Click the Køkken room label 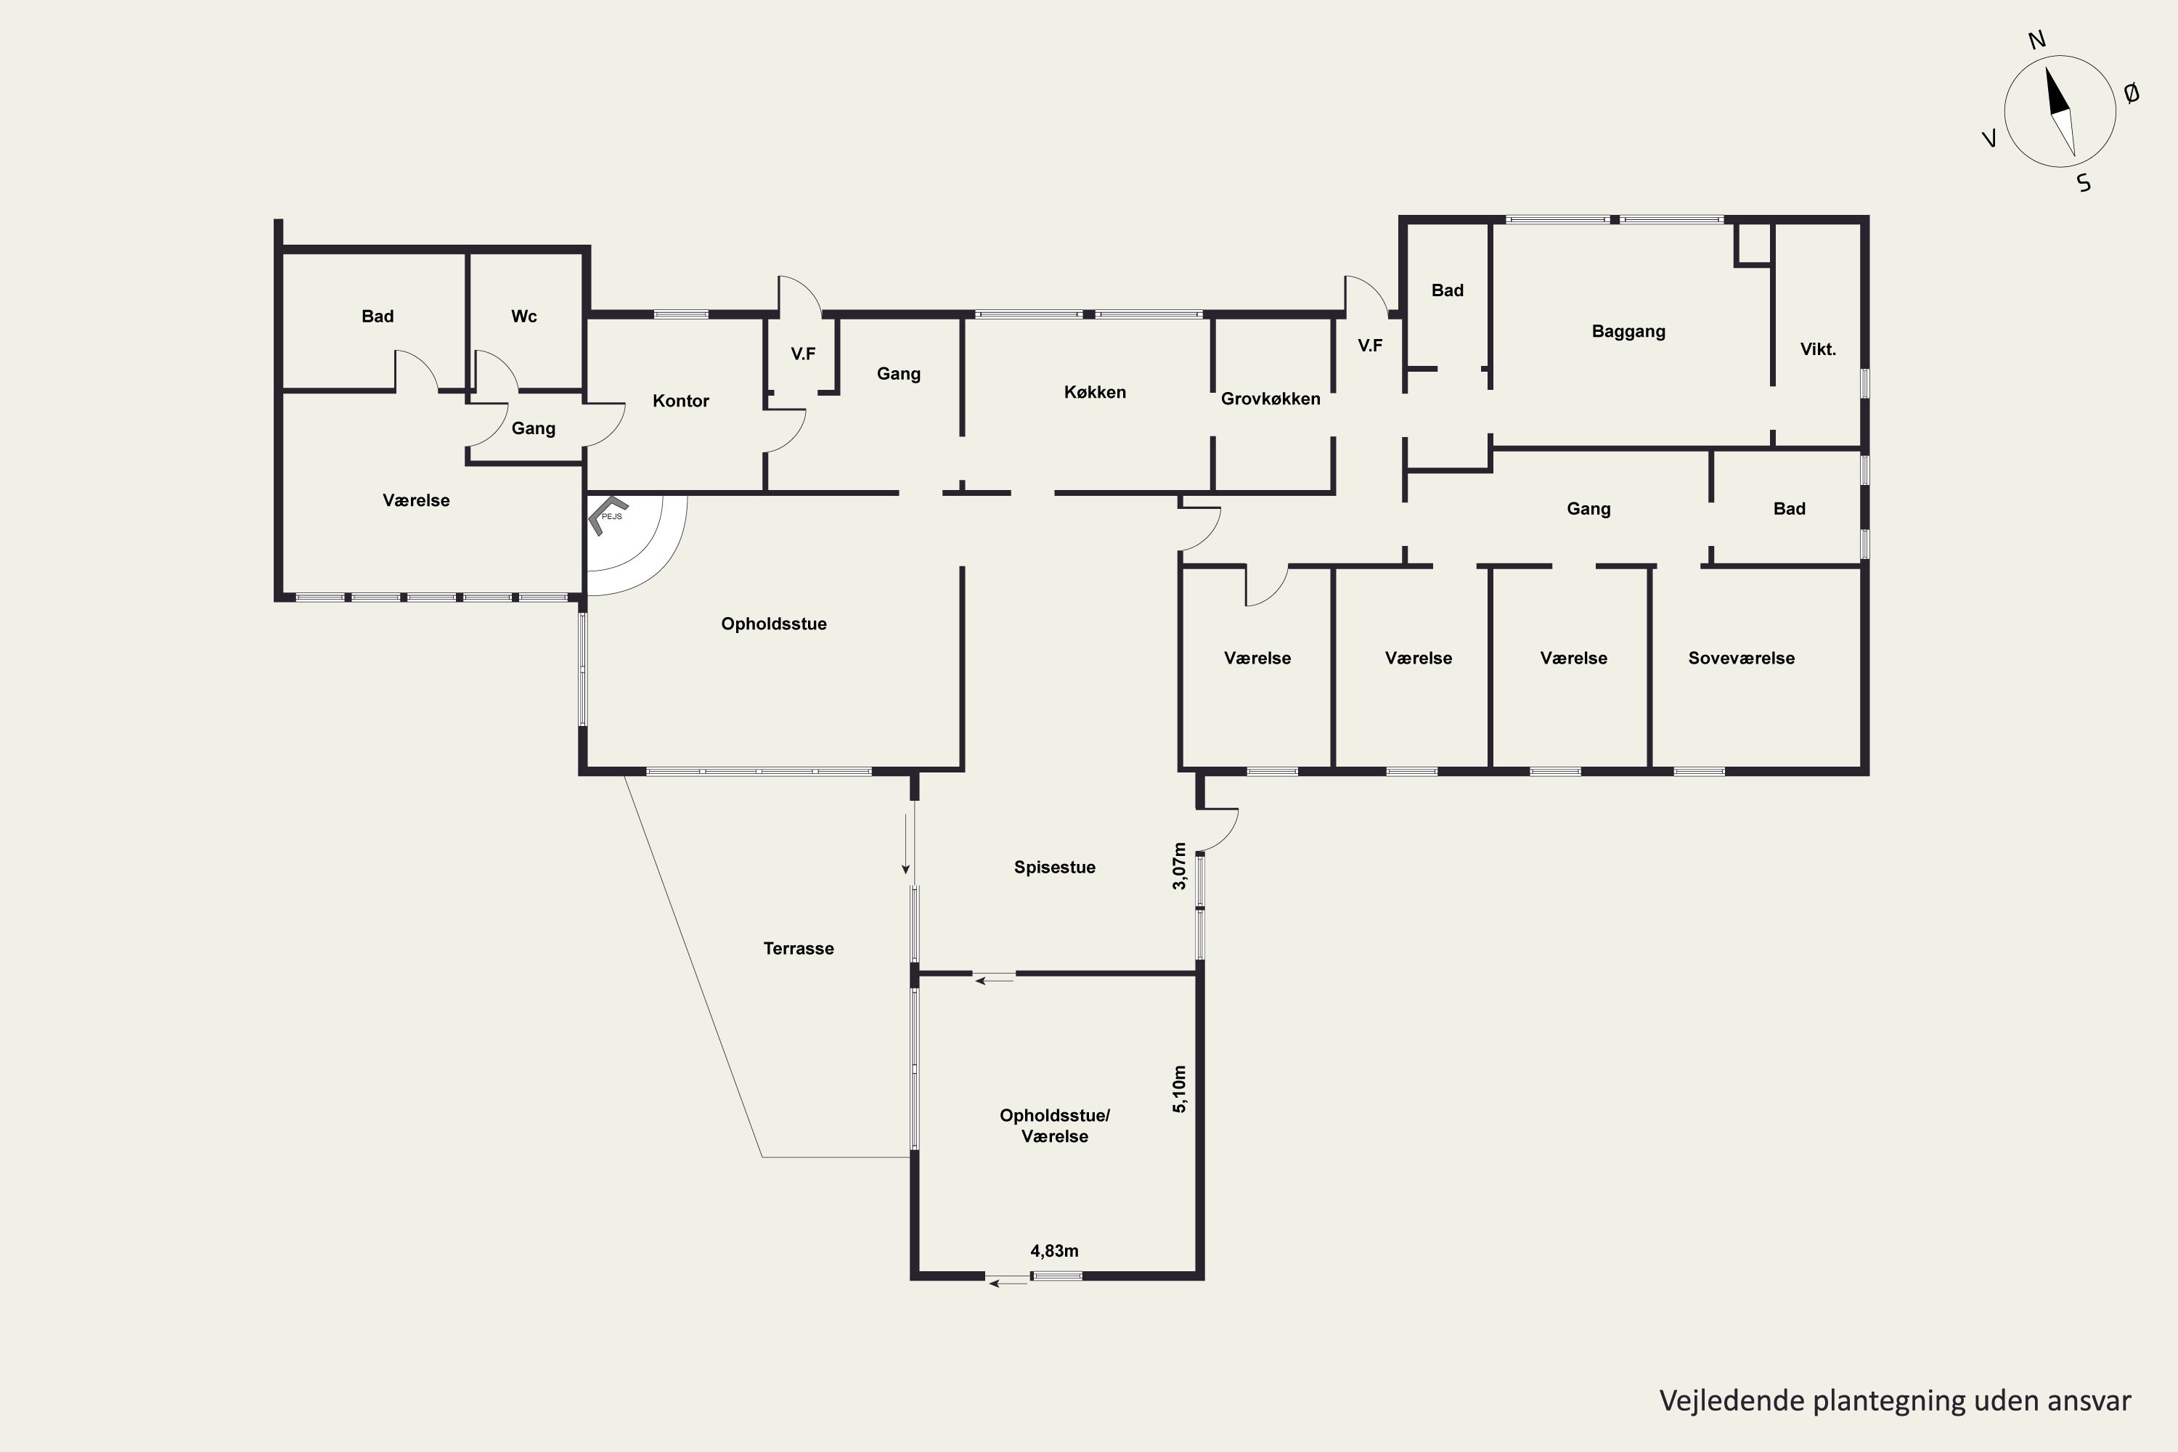click(1095, 392)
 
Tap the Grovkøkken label click(1270, 398)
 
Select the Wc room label click(524, 316)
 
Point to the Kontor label click(681, 401)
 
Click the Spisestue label click(1055, 868)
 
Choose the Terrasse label click(798, 948)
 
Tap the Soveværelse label click(1741, 658)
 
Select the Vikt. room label click(1818, 349)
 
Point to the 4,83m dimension click(1055, 1251)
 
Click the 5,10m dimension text click(1179, 1089)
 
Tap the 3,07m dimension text click(1179, 866)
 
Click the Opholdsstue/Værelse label click(1055, 1126)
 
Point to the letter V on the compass click(1989, 139)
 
